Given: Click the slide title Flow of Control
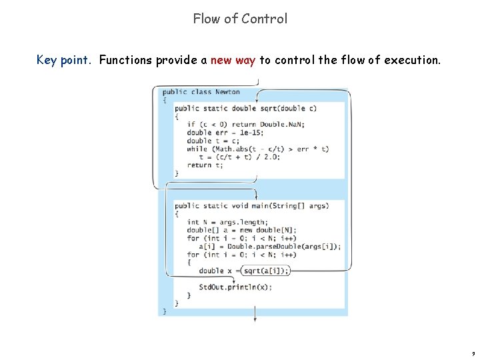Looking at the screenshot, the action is point(240,19).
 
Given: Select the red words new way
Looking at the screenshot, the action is point(233,61).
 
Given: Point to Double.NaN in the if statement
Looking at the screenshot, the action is point(281,125).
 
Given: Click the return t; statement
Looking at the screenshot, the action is point(205,165).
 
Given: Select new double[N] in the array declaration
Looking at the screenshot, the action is point(259,230).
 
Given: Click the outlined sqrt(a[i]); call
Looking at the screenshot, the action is point(267,271).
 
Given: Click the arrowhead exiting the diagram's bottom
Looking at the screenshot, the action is point(255,320).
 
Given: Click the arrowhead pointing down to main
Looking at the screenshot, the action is point(255,198).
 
